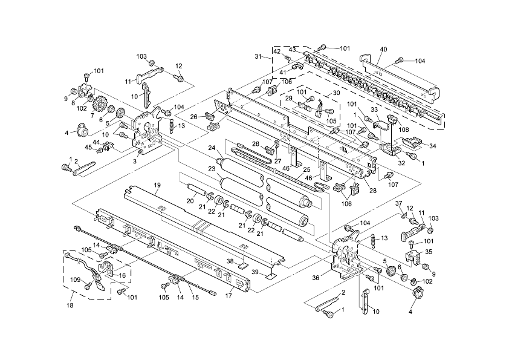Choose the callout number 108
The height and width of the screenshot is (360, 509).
click(x=404, y=129)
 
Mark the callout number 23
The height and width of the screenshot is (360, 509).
click(x=212, y=169)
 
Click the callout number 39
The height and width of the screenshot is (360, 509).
click(x=254, y=272)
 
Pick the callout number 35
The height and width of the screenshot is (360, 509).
click(x=429, y=252)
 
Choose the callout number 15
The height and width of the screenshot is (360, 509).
click(x=194, y=296)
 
